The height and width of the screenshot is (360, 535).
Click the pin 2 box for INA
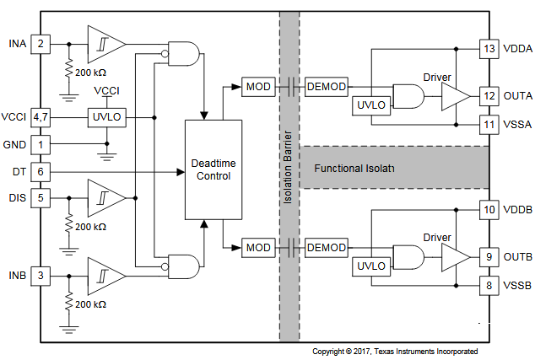pos(40,43)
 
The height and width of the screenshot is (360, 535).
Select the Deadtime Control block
pos(213,169)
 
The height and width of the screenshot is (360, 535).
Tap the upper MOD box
pos(257,87)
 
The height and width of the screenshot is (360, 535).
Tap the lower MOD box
pos(257,247)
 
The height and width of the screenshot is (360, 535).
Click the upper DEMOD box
pos(326,87)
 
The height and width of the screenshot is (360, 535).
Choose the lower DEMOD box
pos(326,247)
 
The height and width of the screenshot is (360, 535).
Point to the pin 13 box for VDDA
pos(489,49)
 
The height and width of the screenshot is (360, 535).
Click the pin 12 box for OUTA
pos(489,95)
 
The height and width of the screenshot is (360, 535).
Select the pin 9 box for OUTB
pos(489,256)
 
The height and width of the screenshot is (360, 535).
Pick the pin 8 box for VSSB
pos(489,285)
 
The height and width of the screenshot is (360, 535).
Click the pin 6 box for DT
pos(40,171)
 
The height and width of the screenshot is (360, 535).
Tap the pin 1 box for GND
pos(40,144)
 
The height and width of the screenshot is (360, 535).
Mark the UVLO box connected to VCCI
pos(105,117)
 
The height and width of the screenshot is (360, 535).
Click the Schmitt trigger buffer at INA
pos(106,43)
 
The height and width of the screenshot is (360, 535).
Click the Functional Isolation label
pos(354,169)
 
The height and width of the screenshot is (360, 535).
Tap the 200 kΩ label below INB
pos(89,304)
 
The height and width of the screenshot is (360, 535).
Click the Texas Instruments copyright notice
pos(395,351)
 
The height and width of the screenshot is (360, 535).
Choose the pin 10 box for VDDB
pos(489,209)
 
